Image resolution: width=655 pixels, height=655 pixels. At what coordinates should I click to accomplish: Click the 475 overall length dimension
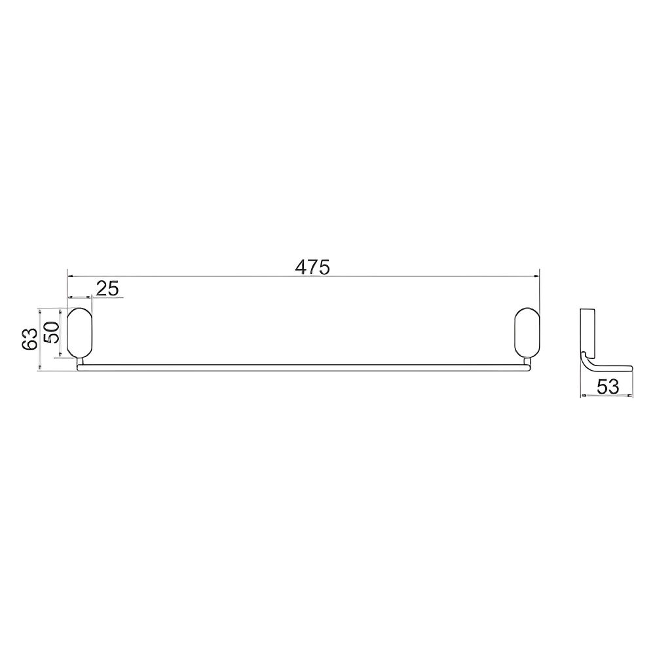point(312,267)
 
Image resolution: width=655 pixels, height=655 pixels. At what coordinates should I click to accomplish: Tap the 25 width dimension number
point(108,288)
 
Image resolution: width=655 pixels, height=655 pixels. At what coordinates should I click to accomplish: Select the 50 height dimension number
point(52,333)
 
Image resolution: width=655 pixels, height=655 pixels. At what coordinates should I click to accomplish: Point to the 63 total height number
point(30,339)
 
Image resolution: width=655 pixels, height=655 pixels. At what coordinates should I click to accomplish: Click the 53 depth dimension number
point(608,387)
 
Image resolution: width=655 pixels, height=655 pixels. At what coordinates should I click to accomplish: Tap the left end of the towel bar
point(79,367)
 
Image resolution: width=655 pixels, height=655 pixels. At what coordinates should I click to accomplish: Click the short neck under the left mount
point(81,362)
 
